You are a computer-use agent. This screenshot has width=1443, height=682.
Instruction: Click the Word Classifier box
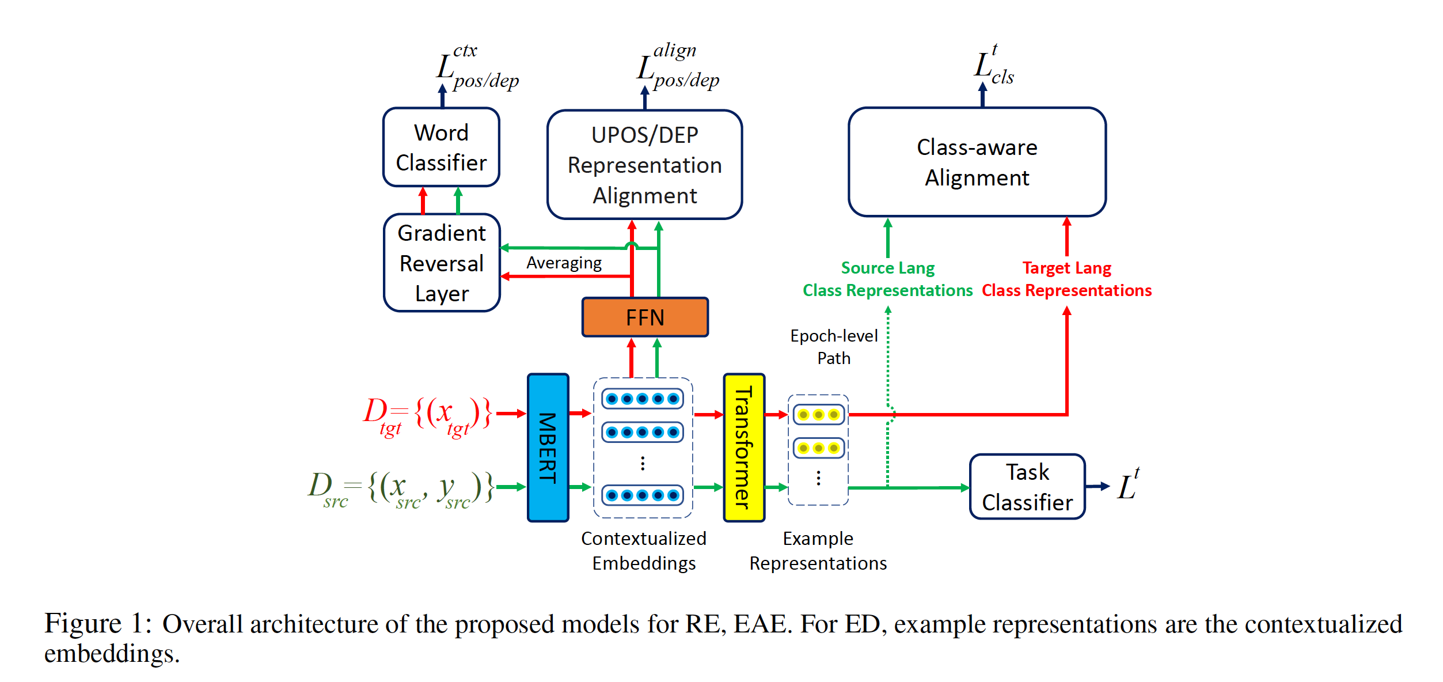coord(441,147)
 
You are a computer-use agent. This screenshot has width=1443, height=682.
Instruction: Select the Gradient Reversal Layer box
coord(442,263)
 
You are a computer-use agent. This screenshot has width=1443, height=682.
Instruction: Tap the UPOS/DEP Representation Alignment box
coord(644,165)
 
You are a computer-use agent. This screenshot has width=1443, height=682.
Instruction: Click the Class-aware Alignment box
coord(977,162)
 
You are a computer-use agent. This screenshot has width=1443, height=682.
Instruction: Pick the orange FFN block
coord(645,317)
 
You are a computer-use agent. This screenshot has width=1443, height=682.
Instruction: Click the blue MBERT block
coord(548,448)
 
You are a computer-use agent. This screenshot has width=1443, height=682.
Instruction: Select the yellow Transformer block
coord(743,448)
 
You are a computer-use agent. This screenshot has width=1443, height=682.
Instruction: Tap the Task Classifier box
coord(1027,487)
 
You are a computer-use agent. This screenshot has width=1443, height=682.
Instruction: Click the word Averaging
coord(564,263)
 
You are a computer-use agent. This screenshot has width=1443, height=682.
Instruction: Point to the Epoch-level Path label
coord(834,347)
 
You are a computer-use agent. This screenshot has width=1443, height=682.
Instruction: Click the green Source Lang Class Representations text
coord(887,279)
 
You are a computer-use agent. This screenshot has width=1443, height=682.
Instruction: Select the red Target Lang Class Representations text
coord(1066,279)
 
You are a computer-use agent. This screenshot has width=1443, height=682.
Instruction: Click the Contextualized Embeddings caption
coord(644,551)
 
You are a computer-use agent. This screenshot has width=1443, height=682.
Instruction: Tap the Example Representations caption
coord(818,551)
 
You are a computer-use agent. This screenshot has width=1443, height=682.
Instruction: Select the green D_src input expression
coord(401,488)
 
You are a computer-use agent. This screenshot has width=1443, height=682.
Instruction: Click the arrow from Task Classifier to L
coord(1098,486)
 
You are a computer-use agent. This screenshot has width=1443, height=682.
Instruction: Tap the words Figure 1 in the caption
coord(98,624)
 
